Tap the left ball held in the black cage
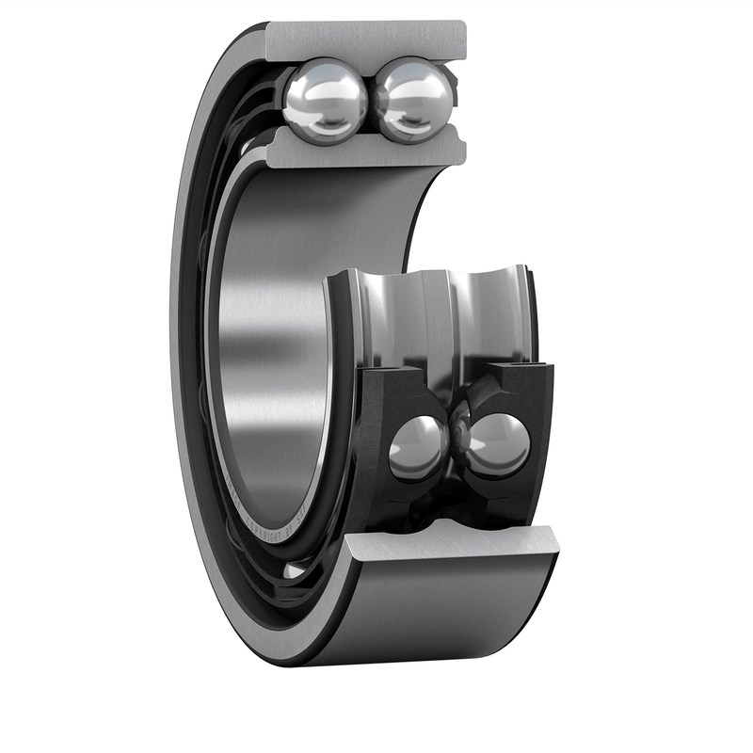point(418,448)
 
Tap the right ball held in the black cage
point(498,444)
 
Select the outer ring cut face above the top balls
point(367,40)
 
